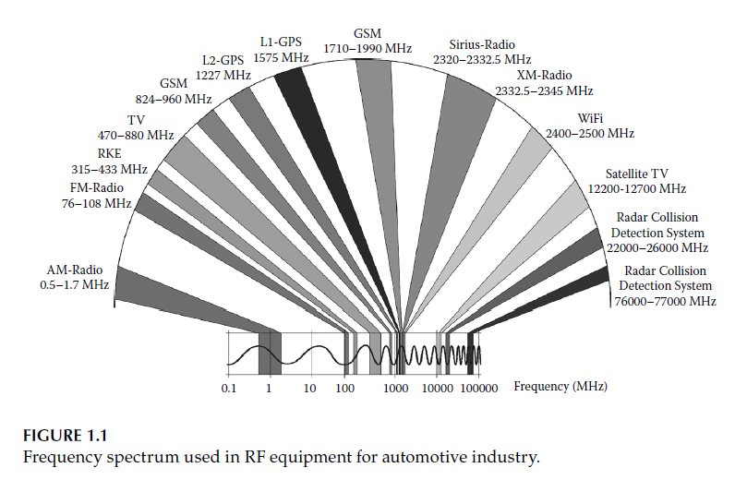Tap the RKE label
[109, 153]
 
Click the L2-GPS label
[222, 61]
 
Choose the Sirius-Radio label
[481, 44]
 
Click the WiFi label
[590, 119]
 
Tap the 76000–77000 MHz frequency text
[665, 301]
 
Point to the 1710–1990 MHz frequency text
[367, 48]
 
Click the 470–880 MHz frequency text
[136, 135]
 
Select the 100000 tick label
[479, 388]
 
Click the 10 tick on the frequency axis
[310, 388]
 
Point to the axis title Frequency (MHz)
[561, 386]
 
